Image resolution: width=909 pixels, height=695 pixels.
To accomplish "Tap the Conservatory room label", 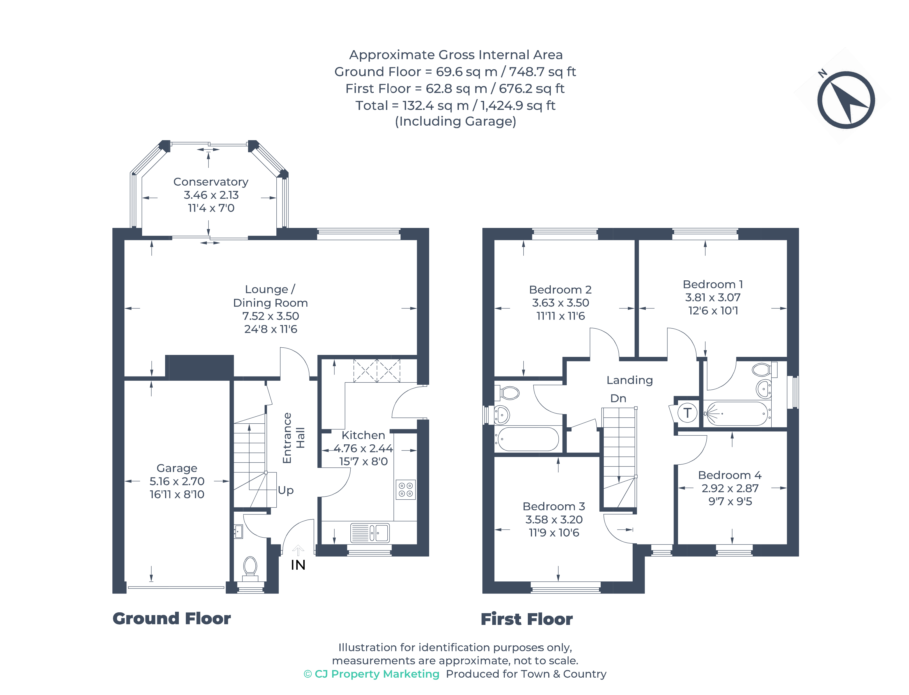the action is [x=211, y=182].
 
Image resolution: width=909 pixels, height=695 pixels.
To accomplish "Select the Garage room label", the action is [x=177, y=468].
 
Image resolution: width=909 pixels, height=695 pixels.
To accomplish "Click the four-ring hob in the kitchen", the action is [x=405, y=489].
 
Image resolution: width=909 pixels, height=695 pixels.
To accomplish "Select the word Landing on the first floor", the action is [x=630, y=380].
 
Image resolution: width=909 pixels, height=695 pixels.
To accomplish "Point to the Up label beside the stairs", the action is [x=286, y=491].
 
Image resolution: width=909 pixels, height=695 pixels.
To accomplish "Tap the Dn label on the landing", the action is [x=618, y=398].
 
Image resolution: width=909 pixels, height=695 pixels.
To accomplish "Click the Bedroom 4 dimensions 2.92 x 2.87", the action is [x=730, y=488].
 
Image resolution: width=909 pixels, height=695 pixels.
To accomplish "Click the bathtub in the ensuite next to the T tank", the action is [x=736, y=413].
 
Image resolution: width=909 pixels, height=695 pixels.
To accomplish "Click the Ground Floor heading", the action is [x=172, y=618].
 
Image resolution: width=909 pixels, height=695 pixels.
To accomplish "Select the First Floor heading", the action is [x=526, y=619].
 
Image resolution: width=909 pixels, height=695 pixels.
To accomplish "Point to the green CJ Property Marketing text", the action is [x=371, y=674].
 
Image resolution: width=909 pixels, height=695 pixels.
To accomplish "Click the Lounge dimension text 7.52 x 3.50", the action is [x=270, y=316].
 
